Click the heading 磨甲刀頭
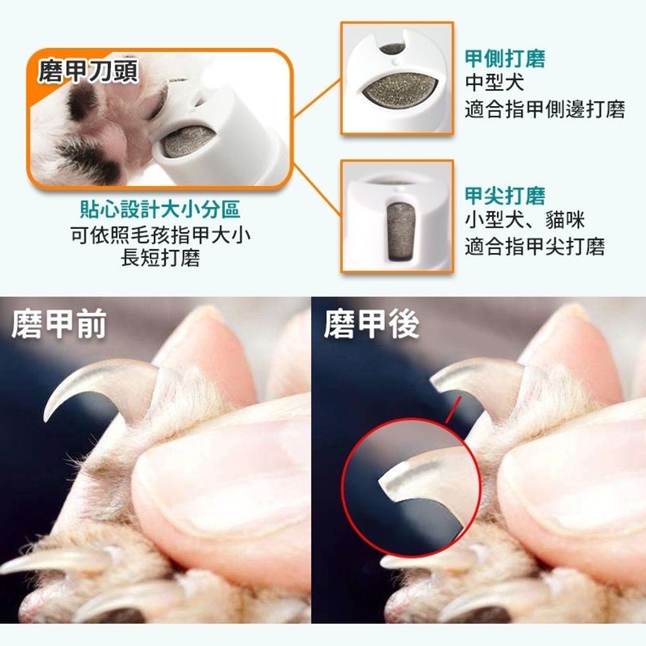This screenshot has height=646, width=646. tap(88, 71)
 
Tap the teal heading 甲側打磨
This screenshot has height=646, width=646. tap(505, 59)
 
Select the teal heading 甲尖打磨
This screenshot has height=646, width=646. tap(505, 196)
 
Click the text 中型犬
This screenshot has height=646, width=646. tap(495, 83)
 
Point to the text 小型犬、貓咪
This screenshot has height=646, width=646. tap(525, 220)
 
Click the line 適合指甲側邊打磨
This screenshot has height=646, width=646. tap(545, 109)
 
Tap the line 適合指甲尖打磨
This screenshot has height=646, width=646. tap(535, 247)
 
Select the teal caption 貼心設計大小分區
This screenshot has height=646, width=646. tap(160, 209)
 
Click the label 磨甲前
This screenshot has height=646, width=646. tap(59, 324)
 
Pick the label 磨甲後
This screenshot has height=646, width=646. tap(371, 324)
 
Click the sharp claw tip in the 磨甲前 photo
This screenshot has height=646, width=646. tap(45, 420)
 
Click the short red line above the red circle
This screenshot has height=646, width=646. tap(452, 410)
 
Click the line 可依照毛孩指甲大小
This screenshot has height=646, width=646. tap(160, 235)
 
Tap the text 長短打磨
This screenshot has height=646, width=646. tap(160, 259)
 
